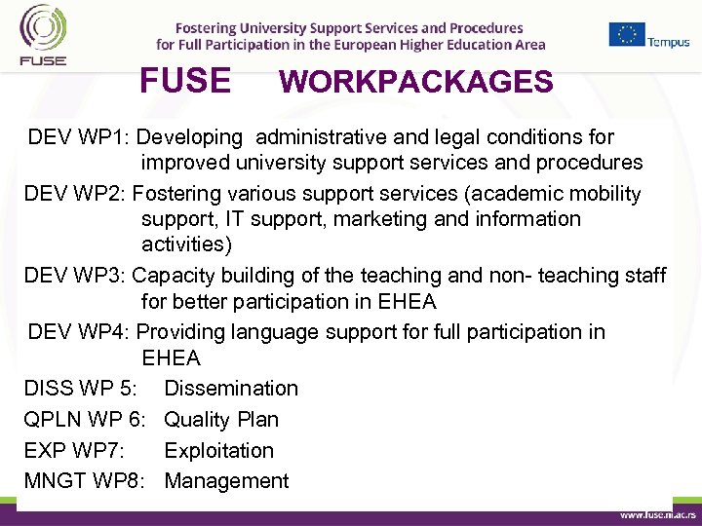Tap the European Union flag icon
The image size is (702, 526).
tap(627, 34)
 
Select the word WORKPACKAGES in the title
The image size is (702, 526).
tap(415, 82)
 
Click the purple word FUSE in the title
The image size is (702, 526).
tap(185, 81)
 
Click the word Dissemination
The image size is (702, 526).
tap(231, 389)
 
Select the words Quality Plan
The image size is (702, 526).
tap(221, 420)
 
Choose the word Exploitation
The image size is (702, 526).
tap(219, 451)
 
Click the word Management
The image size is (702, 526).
tap(226, 481)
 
